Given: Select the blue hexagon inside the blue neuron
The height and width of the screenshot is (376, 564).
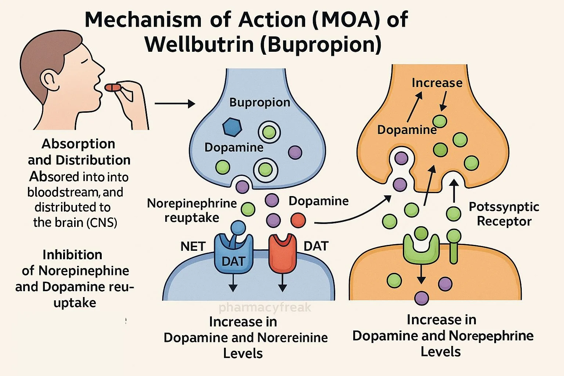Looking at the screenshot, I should click(232, 127).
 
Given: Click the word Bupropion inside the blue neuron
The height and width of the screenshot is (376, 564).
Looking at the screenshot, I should click(260, 102).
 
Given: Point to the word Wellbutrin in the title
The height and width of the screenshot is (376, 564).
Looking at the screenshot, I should click(199, 45).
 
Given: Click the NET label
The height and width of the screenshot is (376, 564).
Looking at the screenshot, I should click(193, 246).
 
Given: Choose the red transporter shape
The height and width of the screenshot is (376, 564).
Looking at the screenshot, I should click(282, 253).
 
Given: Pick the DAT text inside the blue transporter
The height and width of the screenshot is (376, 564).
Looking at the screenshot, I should click(233, 261).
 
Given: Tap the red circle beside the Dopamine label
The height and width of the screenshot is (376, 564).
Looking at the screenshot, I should click(298, 220).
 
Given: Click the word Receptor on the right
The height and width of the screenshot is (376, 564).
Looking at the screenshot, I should click(504, 221).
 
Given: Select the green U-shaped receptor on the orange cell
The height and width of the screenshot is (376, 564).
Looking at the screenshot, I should click(421, 248).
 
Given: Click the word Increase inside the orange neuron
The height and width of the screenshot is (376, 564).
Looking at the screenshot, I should click(437, 83).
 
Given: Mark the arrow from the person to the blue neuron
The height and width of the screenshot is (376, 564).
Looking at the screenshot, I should click(174, 104).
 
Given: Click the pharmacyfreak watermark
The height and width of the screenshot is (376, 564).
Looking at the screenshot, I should click(265, 307).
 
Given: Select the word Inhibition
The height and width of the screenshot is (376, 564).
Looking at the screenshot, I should click(72, 254).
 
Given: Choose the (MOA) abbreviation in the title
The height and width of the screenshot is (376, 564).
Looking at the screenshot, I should click(346, 20).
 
